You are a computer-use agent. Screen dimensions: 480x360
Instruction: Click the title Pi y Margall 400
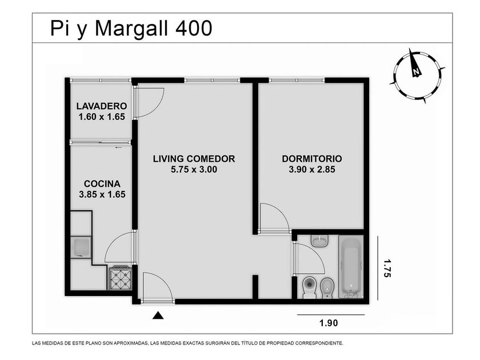(x=131, y=29)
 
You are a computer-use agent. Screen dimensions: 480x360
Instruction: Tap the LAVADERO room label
(x=102, y=106)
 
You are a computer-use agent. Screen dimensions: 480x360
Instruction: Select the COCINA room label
(x=102, y=183)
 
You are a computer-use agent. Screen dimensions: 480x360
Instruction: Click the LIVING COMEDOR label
(x=194, y=159)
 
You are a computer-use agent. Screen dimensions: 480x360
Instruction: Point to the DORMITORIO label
(x=312, y=159)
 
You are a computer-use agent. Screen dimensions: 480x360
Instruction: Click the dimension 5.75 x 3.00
(x=194, y=169)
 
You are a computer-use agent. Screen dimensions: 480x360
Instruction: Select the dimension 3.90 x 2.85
(x=312, y=169)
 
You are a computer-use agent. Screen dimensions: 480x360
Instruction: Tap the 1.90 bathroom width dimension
(x=329, y=323)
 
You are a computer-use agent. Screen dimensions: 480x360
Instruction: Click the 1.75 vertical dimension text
(x=387, y=268)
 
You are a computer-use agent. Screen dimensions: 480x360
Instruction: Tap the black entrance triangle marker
(x=158, y=315)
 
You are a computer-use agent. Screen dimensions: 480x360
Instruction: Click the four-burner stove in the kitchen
(x=121, y=278)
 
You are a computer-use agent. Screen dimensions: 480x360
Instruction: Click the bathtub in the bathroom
(x=351, y=267)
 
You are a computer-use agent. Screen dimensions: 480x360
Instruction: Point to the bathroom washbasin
(x=320, y=241)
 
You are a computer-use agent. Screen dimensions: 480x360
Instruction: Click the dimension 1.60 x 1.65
(x=102, y=117)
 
